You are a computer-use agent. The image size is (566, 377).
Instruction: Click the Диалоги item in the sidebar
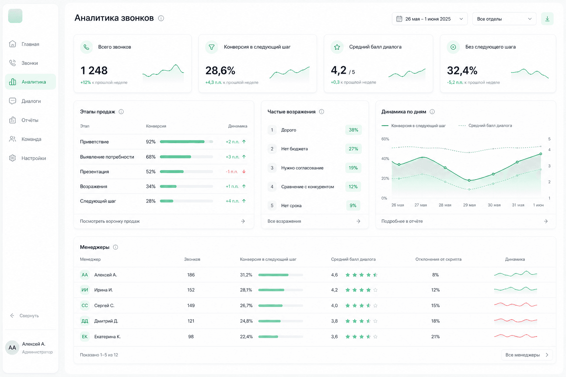[x=31, y=101]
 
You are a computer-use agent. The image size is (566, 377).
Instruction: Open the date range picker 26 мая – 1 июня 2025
[x=430, y=19]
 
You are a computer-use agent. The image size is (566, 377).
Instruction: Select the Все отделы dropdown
[x=504, y=19]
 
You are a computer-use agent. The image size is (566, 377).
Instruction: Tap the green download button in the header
[x=547, y=19]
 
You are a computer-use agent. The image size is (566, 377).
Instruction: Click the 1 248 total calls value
[x=94, y=70]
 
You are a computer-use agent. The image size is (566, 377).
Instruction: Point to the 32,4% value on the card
[x=462, y=70]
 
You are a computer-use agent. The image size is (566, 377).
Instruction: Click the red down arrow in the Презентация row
[x=244, y=172]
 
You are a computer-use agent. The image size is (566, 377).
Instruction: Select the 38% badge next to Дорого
[x=353, y=130]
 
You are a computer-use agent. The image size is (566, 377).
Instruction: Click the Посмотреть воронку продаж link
[x=110, y=221]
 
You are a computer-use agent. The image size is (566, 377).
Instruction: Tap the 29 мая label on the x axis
[x=469, y=205]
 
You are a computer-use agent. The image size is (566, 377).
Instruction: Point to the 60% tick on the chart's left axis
[x=385, y=139]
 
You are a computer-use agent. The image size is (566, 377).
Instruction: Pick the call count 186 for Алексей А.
[x=191, y=275]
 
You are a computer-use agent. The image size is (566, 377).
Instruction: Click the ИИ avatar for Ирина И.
[x=85, y=290]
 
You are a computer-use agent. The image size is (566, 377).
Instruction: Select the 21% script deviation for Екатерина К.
[x=435, y=337]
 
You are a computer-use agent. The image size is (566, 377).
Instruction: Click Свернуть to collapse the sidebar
[x=29, y=316]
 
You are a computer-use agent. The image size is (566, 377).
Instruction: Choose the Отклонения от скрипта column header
[x=439, y=259]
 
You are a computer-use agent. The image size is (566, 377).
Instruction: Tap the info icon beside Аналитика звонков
[x=161, y=18]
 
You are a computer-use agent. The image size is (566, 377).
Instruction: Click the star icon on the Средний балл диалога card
[x=337, y=47]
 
